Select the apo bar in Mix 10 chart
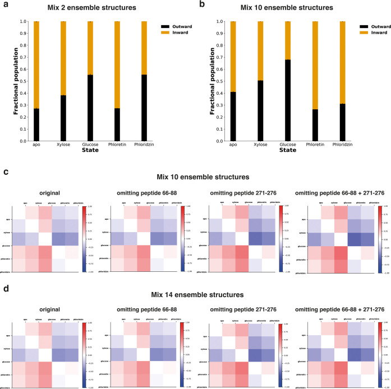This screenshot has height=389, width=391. pyautogui.click(x=233, y=81)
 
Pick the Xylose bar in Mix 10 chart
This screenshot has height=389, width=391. pyautogui.click(x=260, y=81)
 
